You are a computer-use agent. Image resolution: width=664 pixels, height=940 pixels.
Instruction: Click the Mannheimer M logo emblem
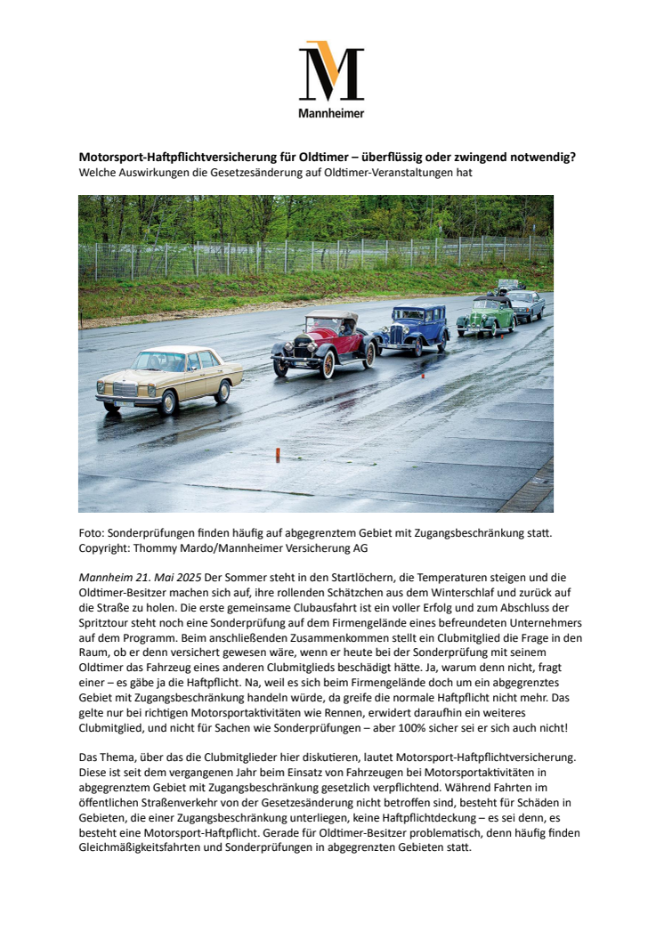(331, 71)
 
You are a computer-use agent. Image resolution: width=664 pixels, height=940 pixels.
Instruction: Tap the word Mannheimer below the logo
(331, 113)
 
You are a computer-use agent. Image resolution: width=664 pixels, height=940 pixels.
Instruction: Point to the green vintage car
(485, 315)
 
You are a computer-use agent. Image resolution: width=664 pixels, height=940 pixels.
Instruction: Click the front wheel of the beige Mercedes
(169, 401)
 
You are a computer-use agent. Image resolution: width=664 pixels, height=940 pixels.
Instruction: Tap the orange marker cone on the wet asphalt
(278, 456)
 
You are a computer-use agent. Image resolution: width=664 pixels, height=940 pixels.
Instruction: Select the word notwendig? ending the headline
(543, 157)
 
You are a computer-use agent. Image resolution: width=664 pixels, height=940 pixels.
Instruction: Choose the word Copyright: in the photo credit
(106, 547)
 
